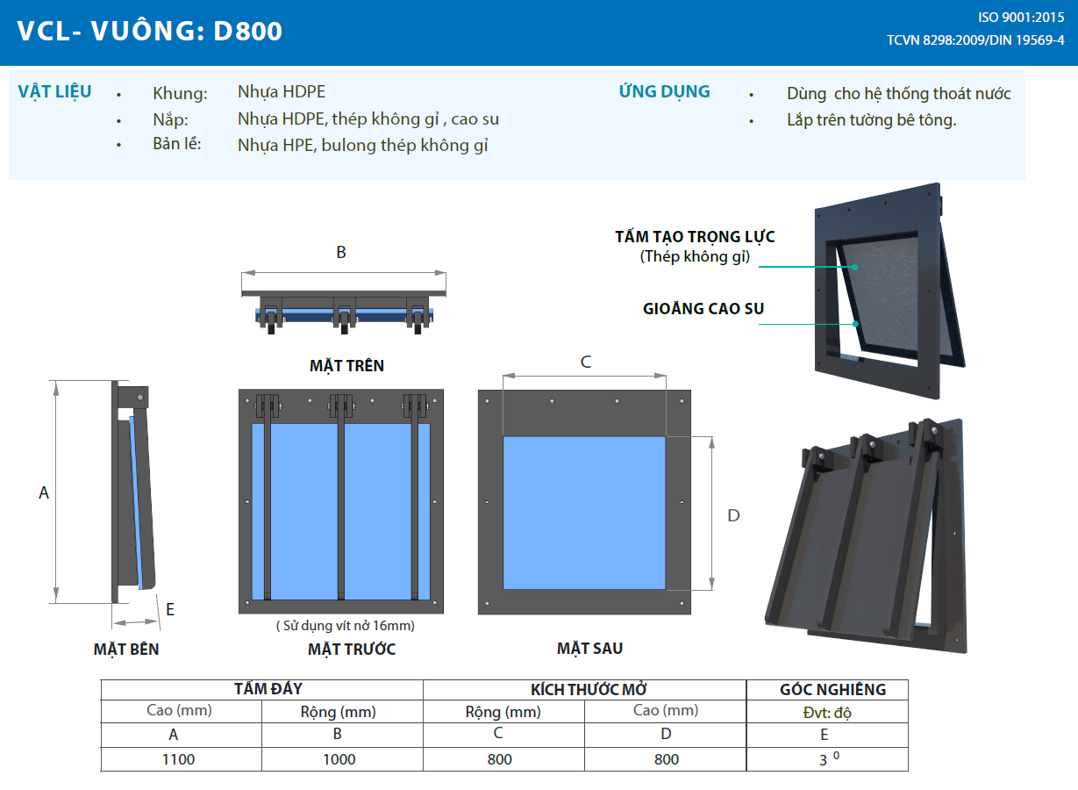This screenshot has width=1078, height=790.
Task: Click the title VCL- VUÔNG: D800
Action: coord(150,32)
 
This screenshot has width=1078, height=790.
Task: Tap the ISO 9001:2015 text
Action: coord(1021,18)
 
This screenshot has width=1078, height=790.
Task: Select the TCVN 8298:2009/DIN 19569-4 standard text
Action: coord(975,40)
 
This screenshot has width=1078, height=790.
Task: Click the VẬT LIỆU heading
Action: coord(54,92)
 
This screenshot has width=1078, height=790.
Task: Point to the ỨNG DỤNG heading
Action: coord(664,91)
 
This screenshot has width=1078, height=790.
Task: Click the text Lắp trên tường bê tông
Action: coord(871,120)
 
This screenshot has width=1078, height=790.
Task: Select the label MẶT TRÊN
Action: coord(346,365)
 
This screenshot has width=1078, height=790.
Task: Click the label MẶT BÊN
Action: coord(126,650)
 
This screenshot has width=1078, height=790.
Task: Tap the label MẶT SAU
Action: coord(589,649)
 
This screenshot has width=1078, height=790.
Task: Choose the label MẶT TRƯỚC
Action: coord(352,650)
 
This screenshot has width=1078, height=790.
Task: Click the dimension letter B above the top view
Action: coord(341,253)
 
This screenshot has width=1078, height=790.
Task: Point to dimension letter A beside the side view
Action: coord(44,493)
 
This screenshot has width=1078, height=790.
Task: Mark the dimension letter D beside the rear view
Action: coord(734,515)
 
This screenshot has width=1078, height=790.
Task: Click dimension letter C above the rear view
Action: coord(586,362)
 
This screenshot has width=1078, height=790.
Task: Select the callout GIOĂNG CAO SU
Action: coord(703,308)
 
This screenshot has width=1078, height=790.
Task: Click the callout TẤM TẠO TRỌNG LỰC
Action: coord(695,237)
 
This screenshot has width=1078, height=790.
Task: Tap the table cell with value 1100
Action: coord(179,759)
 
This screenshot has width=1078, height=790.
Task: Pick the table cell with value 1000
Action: coord(339,759)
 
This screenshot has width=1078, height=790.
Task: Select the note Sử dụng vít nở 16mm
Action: coord(345,626)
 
